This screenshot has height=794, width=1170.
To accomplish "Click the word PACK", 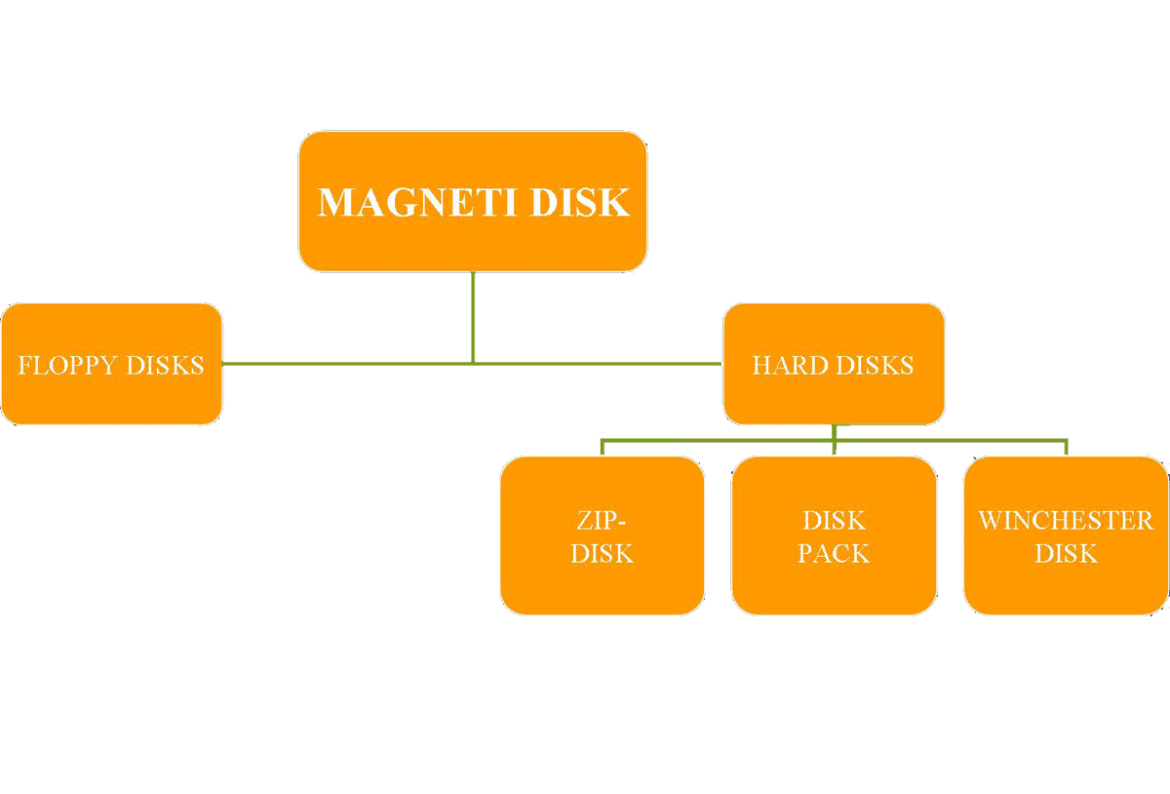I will [834, 554].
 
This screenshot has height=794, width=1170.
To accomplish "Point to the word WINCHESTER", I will [1066, 520].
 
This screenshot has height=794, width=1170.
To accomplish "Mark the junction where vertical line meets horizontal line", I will [473, 363].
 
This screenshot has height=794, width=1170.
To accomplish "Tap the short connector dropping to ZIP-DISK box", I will [603, 448].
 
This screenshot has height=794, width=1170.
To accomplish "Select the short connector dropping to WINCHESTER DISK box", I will [1067, 448].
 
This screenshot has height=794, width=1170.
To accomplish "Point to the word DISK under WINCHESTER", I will [1066, 554].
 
